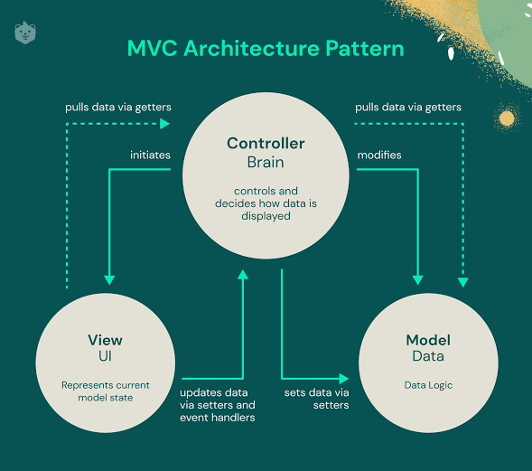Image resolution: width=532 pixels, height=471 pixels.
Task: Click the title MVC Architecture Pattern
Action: [x=266, y=48]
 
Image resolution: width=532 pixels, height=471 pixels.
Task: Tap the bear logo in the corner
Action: [x=25, y=33]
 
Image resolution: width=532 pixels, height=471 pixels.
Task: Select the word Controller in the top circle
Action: [x=266, y=144]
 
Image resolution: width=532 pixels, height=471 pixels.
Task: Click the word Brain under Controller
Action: [x=266, y=163]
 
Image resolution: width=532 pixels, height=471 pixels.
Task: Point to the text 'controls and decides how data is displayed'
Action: [x=266, y=203]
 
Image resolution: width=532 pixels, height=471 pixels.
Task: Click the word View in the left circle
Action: [x=105, y=340]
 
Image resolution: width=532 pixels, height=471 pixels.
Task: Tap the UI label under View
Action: [x=105, y=357]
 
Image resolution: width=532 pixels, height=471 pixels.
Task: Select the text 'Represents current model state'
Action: [x=105, y=391]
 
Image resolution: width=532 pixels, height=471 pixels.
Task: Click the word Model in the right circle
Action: [x=428, y=340]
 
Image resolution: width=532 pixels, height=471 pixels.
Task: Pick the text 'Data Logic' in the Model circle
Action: [x=428, y=385]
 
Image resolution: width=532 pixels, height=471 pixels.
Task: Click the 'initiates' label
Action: [x=150, y=155]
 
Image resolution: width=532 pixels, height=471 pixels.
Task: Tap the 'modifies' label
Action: [x=379, y=155]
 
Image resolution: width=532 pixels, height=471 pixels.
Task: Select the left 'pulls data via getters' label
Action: [x=117, y=107]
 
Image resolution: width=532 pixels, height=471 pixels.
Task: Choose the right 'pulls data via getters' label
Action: [x=408, y=107]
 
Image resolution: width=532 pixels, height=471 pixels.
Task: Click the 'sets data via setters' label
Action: [x=315, y=399]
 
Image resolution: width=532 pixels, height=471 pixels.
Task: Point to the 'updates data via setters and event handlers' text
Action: [x=217, y=405]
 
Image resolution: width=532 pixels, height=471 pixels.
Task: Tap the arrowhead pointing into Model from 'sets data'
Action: [x=344, y=378]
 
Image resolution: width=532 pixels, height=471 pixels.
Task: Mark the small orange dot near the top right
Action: [x=507, y=118]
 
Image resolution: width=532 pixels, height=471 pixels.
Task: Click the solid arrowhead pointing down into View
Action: [x=108, y=279]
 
